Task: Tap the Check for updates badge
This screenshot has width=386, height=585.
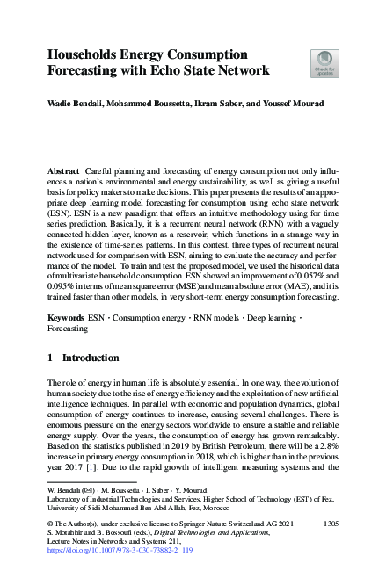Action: click(x=324, y=62)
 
